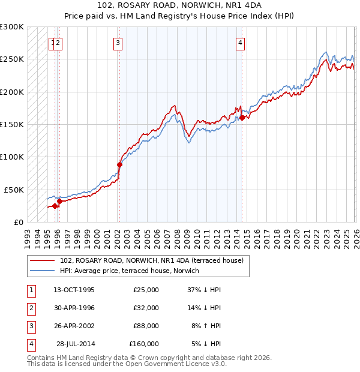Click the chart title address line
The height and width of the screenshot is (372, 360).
[180, 5]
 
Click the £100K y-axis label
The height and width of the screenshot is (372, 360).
[13, 157]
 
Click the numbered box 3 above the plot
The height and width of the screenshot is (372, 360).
[118, 43]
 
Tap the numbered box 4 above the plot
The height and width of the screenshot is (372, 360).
[240, 43]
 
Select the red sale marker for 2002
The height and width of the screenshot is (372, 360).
[119, 164]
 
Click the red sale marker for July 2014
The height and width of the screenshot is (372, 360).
[242, 118]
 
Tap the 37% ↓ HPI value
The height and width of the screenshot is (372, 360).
[204, 290]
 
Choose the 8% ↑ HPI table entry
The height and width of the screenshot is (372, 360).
[206, 326]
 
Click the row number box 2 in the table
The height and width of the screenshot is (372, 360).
[31, 308]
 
